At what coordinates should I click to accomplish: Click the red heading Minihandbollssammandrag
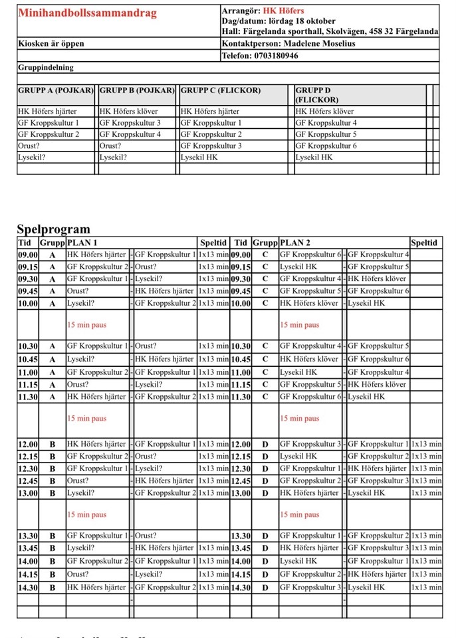[88, 13]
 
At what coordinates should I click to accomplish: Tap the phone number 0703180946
[276, 56]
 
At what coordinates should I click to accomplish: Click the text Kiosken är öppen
[51, 44]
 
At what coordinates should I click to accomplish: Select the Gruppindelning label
[46, 68]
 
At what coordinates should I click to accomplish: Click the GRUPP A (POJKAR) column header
[57, 90]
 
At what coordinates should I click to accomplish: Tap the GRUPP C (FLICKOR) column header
[221, 90]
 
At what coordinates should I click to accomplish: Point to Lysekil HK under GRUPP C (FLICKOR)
[199, 158]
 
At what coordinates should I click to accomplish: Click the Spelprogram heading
[53, 230]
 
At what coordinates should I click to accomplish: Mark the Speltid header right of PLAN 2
[425, 243]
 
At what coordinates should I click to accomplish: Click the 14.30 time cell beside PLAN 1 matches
[27, 587]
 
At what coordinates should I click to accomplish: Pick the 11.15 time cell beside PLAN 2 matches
[240, 384]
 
